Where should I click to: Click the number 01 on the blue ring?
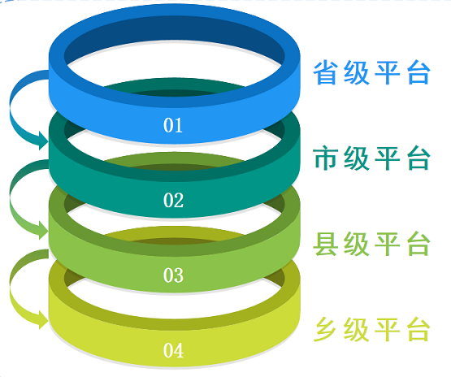173,125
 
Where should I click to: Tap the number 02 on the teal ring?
173,200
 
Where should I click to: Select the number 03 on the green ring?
173,275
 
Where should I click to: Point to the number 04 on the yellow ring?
173,350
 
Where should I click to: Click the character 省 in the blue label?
325,72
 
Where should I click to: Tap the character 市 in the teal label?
325,158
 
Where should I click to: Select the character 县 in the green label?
325,244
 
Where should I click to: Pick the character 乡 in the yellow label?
325,330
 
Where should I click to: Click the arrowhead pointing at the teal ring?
43,141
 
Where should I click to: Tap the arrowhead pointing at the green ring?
43,230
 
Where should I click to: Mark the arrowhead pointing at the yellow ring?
43,320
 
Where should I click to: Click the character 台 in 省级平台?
418,72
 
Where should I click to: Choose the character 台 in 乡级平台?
418,330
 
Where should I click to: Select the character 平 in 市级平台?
388,158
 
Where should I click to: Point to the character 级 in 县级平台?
357,244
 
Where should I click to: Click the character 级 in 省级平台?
357,72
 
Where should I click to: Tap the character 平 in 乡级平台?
388,330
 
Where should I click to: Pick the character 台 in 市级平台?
418,158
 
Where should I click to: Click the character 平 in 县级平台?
388,244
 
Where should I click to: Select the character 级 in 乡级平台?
357,330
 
